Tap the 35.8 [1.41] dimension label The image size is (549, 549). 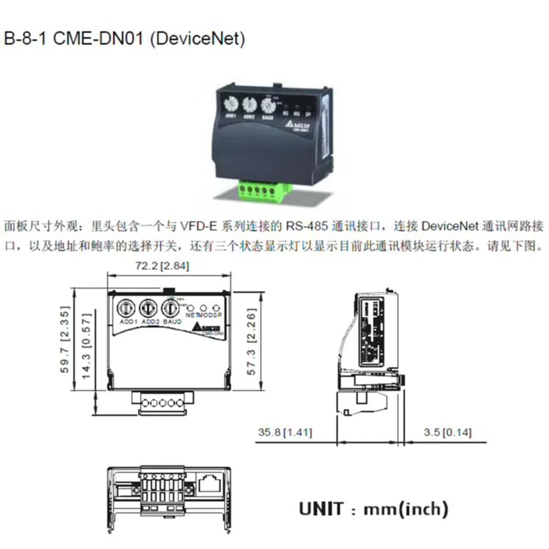[285, 433]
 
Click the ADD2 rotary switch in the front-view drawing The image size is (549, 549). [147, 306]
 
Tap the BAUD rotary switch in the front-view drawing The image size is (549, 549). [170, 306]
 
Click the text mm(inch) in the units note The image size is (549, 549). [406, 508]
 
